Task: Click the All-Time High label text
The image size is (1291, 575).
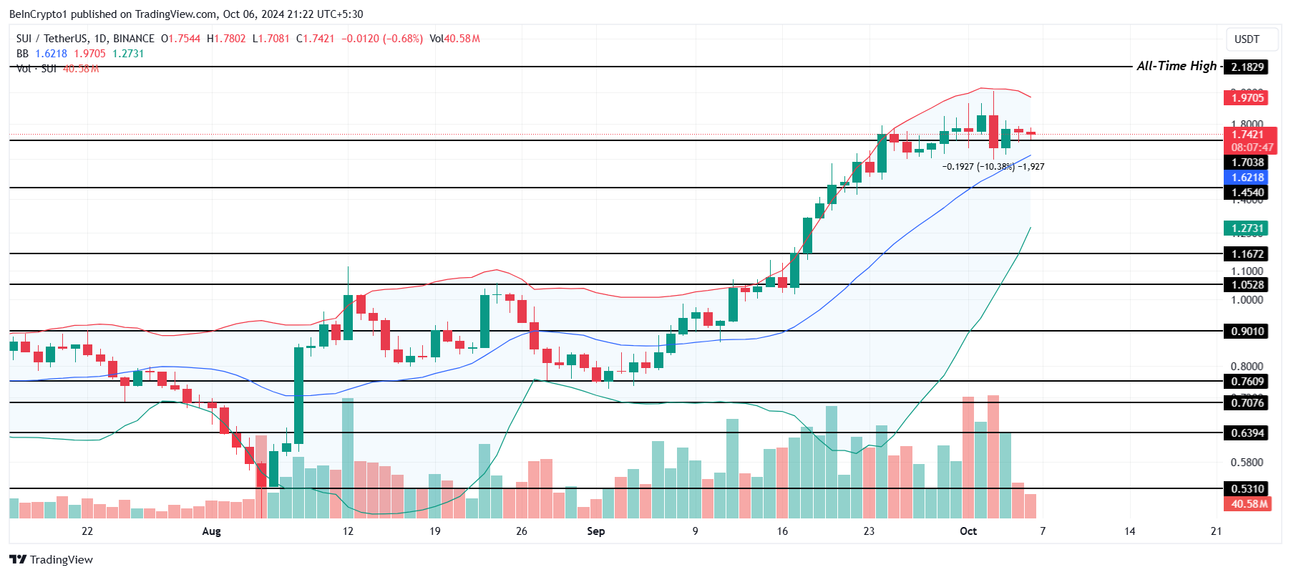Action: coord(1176,66)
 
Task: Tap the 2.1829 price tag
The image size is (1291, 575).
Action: coord(1247,67)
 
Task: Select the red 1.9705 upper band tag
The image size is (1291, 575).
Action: coord(1247,97)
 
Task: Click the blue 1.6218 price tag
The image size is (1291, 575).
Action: coord(1247,178)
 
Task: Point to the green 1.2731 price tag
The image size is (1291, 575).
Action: coord(1247,228)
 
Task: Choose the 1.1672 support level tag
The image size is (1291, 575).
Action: coord(1247,254)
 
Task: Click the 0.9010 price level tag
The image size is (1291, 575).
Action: coord(1247,332)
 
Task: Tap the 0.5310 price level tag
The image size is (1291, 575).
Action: coord(1247,489)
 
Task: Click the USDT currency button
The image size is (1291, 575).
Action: coord(1247,39)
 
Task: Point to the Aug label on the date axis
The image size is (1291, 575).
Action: coord(211,531)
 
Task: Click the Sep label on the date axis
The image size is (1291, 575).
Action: coord(595,531)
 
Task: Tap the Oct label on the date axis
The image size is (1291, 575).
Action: coord(968,531)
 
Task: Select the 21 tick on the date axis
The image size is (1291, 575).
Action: coord(1216,531)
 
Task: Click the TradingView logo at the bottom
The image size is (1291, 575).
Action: coord(52,560)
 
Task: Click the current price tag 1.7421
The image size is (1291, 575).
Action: coord(1247,135)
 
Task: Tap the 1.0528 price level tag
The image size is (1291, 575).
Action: coord(1247,285)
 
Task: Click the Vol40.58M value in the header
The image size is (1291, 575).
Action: coord(454,39)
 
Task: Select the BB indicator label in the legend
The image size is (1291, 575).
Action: coord(23,54)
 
